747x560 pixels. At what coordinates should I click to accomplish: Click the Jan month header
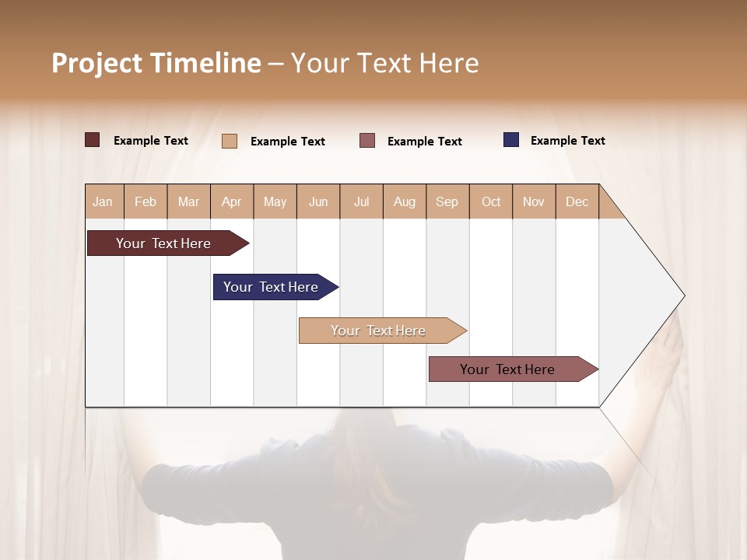(103, 201)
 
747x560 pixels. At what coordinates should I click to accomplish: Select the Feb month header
(146, 201)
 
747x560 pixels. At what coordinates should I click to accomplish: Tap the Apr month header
(231, 201)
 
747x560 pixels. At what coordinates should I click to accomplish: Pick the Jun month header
(318, 201)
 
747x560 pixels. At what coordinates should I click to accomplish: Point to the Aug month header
(404, 201)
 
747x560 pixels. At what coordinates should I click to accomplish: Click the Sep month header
(447, 201)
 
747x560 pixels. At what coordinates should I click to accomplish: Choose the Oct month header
(491, 201)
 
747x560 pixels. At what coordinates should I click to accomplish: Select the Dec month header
(577, 201)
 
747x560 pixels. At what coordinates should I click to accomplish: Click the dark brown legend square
(93, 140)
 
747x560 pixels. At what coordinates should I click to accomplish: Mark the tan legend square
(230, 141)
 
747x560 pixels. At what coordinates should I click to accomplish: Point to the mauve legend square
(367, 141)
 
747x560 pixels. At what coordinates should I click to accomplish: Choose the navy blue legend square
(511, 140)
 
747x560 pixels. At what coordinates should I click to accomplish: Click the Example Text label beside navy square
(567, 141)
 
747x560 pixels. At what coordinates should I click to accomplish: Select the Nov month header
(534, 201)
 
